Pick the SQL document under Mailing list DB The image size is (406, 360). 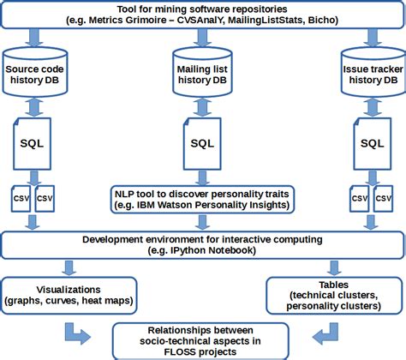pyautogui.click(x=202, y=141)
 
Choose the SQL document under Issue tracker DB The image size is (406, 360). pyautogui.click(x=370, y=141)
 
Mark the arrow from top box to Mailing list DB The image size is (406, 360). pyautogui.click(x=202, y=39)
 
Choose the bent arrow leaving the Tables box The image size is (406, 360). pyautogui.click(x=324, y=331)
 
